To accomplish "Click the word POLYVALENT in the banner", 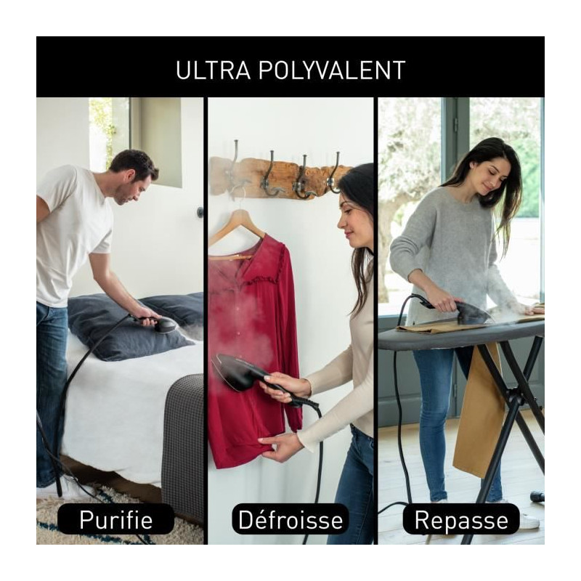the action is [x=331, y=70].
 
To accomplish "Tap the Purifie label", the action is [x=116, y=519].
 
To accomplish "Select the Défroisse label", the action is [x=290, y=519].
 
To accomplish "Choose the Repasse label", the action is [x=461, y=519].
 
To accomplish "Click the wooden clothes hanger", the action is [x=236, y=227].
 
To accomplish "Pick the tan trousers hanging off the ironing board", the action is [x=478, y=407].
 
